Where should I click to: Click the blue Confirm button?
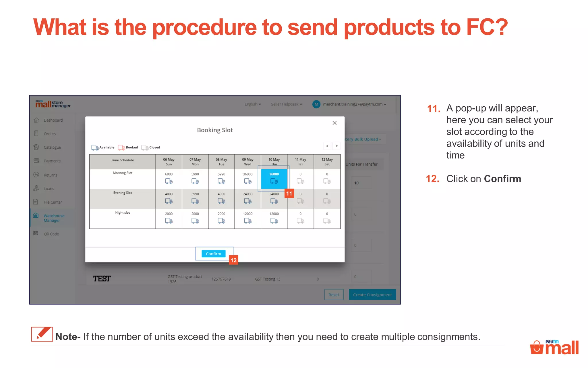213,254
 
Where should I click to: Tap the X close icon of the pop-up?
334,123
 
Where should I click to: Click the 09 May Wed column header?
247,162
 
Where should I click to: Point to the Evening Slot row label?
123,193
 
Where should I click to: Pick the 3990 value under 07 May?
195,194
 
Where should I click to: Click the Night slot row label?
123,213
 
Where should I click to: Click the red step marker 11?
289,193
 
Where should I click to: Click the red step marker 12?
233,260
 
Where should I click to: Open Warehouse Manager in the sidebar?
54,218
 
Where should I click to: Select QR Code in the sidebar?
51,234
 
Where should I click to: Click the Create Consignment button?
372,295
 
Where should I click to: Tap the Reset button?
334,295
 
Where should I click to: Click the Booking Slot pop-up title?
215,130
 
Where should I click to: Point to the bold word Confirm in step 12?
502,179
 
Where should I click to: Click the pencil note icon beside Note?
42,334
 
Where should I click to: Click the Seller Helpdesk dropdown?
286,104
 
